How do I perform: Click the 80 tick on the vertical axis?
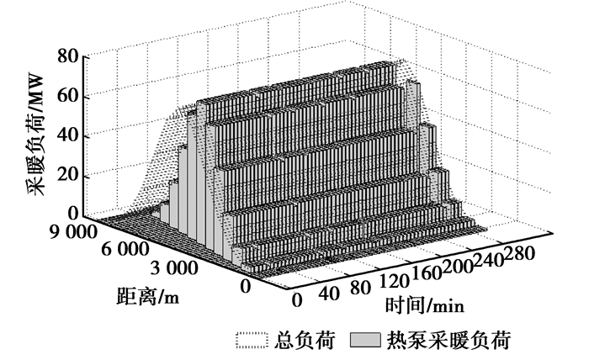[x=68, y=57]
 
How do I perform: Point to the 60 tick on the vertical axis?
[x=68, y=96]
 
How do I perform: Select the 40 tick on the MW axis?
[x=68, y=135]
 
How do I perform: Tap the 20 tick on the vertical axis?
[x=68, y=175]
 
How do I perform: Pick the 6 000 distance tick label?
[x=125, y=249]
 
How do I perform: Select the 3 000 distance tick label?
[x=174, y=268]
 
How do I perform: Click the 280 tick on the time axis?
[x=519, y=254]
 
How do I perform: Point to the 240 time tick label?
[x=488, y=260]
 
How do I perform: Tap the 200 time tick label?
[x=457, y=267]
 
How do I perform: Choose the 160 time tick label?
[x=427, y=273]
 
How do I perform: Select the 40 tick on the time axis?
[x=329, y=294]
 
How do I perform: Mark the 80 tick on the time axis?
[x=361, y=288]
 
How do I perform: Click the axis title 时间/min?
[x=425, y=304]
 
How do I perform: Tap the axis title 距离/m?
[x=147, y=296]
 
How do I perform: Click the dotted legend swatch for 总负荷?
[x=252, y=340]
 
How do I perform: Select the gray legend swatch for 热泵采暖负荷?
[x=365, y=340]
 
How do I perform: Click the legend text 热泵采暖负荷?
[x=448, y=341]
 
